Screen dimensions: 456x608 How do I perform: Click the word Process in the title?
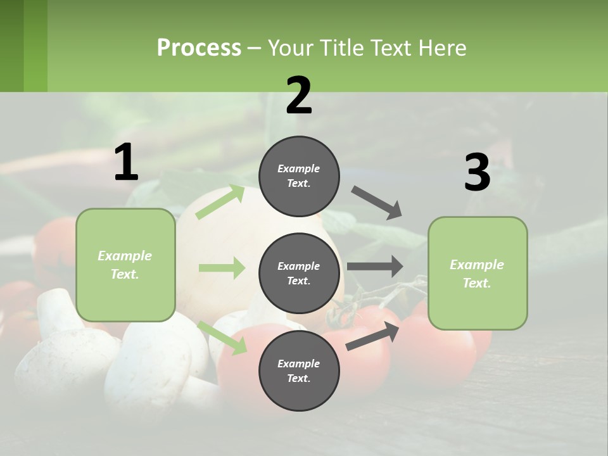coord(199,48)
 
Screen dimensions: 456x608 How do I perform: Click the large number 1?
coord(126,163)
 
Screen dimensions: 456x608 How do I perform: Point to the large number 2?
coord(299,96)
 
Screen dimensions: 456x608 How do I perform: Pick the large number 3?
coord(477,173)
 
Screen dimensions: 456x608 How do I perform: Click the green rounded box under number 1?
coord(125,265)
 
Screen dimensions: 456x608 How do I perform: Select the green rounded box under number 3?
coord(478,274)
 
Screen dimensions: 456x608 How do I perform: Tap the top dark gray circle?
coord(299,176)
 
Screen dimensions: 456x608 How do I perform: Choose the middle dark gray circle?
coord(299,274)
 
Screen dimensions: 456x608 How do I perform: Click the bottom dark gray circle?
coord(299,371)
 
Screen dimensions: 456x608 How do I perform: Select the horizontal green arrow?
coord(222,268)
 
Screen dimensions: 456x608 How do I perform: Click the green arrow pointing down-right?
coord(222,338)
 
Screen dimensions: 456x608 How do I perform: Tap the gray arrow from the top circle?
coord(377,202)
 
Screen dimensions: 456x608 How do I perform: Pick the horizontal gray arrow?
coord(375,267)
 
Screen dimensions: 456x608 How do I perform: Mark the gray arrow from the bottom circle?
coord(372,336)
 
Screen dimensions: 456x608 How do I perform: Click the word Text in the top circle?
coord(298,184)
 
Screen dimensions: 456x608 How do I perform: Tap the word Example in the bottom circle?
coord(299,364)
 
